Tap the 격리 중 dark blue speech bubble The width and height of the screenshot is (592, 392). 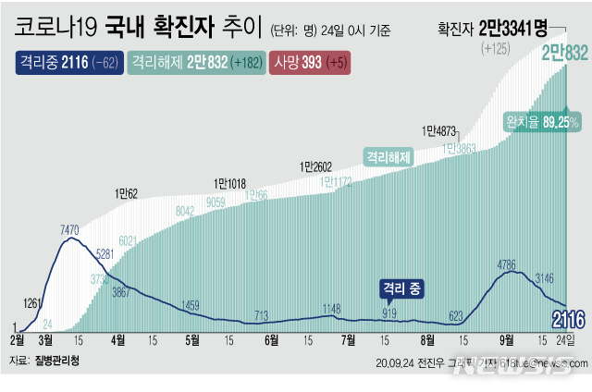click(400, 289)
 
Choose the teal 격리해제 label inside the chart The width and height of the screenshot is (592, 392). click(387, 156)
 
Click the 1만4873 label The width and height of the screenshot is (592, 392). click(439, 130)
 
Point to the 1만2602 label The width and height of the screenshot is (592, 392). click(316, 166)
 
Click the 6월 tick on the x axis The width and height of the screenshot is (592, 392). click(272, 339)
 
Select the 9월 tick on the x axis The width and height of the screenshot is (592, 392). click(508, 339)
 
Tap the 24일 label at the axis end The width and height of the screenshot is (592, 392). click(573, 339)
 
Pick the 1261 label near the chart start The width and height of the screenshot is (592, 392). click(32, 303)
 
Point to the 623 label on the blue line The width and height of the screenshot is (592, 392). click(455, 315)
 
